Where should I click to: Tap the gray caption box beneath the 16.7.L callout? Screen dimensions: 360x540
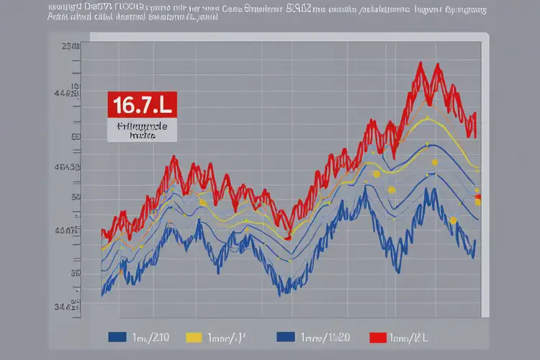[142, 130]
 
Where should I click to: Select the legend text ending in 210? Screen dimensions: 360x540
[150, 337]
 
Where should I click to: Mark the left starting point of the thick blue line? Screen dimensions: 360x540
[103, 292]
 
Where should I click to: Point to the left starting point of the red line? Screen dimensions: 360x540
[103, 234]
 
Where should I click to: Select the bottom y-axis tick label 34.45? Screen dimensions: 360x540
[67, 307]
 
